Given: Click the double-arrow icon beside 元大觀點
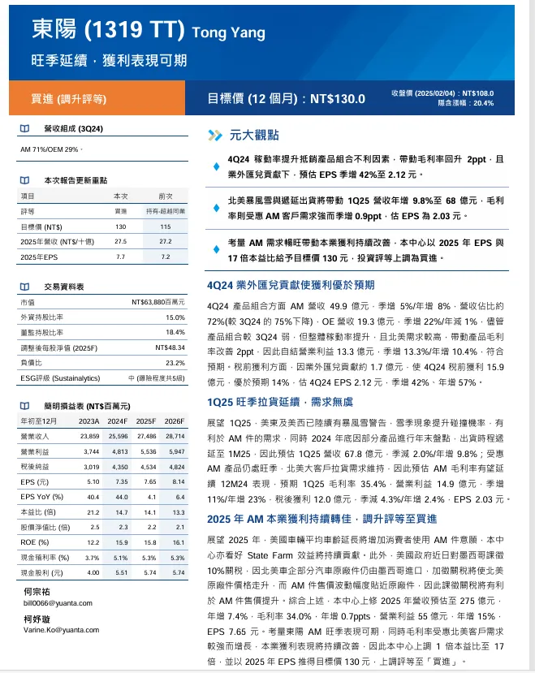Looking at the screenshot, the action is click(x=215, y=136).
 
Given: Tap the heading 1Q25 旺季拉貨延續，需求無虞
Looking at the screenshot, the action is click(x=279, y=401).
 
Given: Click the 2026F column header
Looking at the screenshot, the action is click(x=174, y=421).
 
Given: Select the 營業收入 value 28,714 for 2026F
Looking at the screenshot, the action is click(x=175, y=436).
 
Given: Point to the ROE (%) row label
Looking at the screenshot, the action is click(x=38, y=542).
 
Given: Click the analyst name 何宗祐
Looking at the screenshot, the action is click(x=37, y=593).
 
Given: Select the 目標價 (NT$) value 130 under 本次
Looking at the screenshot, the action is click(x=120, y=226).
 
